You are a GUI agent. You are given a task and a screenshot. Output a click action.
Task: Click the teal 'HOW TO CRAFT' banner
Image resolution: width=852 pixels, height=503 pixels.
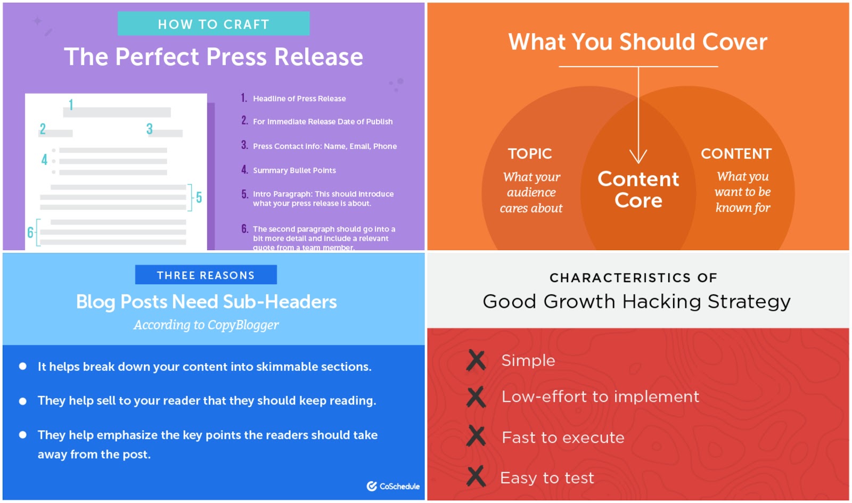coord(214,23)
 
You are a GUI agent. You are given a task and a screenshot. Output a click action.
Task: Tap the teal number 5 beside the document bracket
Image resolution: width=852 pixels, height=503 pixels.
coord(199,197)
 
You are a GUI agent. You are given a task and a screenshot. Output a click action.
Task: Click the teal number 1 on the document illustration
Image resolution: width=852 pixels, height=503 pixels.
coord(71,104)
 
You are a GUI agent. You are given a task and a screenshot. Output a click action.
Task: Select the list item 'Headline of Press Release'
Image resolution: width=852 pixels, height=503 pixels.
coord(299,98)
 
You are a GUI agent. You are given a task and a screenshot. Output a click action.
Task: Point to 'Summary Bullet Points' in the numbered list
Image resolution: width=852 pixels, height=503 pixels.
coord(294,170)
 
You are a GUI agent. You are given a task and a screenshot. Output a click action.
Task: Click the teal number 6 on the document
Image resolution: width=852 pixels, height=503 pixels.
coord(30,232)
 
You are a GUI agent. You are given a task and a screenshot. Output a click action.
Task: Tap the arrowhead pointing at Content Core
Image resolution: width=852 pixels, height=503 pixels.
coord(638,156)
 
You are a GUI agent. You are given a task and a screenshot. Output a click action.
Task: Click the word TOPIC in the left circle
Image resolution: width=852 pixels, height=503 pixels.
coord(530,154)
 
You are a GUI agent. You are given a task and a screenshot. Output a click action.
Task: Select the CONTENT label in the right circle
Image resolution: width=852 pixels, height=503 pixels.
coord(736,154)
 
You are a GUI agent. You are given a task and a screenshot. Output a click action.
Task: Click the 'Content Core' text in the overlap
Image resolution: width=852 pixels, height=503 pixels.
coord(638,189)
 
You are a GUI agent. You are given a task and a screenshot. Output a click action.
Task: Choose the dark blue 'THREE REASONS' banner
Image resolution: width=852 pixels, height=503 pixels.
coord(206,275)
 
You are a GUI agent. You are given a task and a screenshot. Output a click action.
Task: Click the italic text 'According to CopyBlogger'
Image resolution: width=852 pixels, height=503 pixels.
coord(206,325)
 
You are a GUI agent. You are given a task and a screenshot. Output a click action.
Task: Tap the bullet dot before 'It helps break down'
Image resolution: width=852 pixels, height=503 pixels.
coord(23,366)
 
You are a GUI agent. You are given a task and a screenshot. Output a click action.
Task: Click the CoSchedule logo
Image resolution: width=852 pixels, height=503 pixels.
coord(393,486)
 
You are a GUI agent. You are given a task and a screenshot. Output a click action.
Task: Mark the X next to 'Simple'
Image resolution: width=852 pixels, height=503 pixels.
coord(476,360)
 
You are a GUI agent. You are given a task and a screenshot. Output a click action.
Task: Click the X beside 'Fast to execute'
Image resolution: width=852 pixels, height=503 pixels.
coord(476,436)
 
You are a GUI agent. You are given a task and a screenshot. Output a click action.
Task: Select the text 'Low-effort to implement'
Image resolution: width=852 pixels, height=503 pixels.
coord(600,397)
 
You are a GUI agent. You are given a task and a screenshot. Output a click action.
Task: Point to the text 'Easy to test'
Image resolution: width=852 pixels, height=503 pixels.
coord(547,477)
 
